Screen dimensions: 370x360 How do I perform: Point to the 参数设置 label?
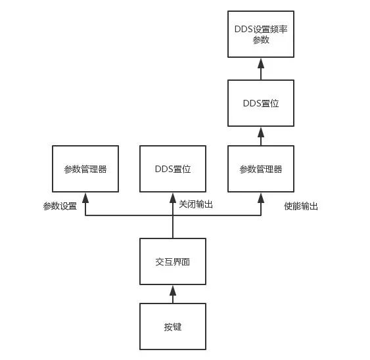point(60,206)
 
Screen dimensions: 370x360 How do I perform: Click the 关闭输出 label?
point(196,204)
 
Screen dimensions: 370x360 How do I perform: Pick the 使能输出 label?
point(301,206)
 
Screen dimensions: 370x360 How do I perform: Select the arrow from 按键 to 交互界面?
point(173,294)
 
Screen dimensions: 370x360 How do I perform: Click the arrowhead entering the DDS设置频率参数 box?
point(261,63)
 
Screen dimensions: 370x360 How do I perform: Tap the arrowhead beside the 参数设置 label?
point(85,198)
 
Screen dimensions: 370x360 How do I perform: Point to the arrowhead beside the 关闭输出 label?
point(173,198)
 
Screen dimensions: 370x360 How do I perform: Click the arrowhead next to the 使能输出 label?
point(261,198)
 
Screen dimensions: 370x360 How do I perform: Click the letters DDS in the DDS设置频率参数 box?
point(244,30)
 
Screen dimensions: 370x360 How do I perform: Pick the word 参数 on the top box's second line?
point(261,40)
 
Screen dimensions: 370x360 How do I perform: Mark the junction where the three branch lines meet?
point(173,215)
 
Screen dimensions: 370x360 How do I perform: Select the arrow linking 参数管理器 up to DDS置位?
point(261,136)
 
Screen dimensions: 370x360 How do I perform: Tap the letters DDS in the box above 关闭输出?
point(164,169)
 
